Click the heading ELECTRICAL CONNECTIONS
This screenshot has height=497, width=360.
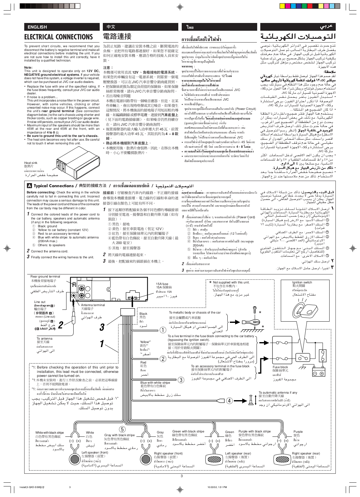pos(58,37)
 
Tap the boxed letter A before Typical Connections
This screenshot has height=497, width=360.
pos(29,186)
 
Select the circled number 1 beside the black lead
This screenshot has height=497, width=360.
pos(163,330)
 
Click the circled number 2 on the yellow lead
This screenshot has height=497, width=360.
pos(163,359)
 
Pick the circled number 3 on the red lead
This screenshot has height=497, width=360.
pos(181,380)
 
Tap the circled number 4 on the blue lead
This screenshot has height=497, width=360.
pos(229,400)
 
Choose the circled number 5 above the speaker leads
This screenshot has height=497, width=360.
pos(122,429)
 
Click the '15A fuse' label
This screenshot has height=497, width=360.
pos(162,284)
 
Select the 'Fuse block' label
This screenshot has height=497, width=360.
pos(280,367)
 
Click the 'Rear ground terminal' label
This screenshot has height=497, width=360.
pos(45,276)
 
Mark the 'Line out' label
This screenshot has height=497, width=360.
pos(39,302)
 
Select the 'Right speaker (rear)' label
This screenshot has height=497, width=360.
pos(306,453)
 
